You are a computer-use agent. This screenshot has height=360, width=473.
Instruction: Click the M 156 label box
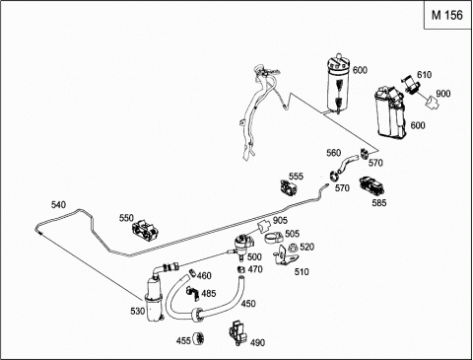click(x=447, y=15)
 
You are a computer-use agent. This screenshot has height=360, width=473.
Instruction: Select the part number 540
click(x=58, y=205)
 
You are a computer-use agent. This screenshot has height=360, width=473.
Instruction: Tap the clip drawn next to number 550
click(x=146, y=230)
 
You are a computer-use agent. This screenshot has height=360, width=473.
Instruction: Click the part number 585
click(x=379, y=203)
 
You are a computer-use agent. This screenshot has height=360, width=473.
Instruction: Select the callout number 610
click(x=424, y=75)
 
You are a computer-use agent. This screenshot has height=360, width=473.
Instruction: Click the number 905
click(x=280, y=221)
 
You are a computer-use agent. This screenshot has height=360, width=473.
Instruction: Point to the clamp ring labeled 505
click(x=274, y=238)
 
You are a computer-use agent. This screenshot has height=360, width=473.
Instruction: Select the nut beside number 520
click(x=293, y=248)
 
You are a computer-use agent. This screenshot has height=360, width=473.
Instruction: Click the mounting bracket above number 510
click(x=285, y=256)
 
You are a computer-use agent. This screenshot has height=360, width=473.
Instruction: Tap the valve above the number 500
click(x=243, y=245)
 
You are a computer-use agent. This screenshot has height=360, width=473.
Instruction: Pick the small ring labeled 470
click(x=241, y=269)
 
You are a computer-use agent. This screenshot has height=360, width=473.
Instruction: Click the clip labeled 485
click(x=193, y=293)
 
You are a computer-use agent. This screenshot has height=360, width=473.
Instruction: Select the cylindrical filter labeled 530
click(x=154, y=299)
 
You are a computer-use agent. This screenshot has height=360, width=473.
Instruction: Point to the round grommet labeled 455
click(x=198, y=339)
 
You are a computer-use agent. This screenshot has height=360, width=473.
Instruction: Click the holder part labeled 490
click(x=238, y=332)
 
